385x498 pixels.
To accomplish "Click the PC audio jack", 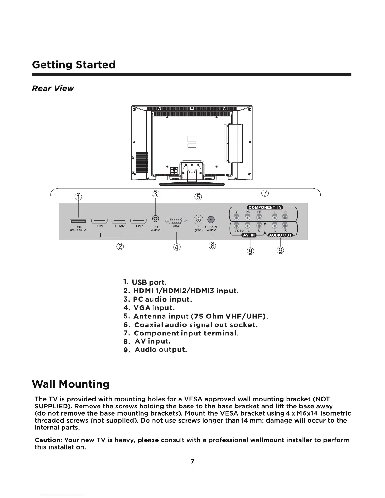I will tap(155, 219).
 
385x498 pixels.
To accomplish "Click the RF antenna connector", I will tap(198, 219).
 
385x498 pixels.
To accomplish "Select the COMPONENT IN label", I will tap(265, 207).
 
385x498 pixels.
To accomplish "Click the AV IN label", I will tap(249, 235).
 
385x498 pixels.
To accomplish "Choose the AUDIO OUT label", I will tap(280, 235).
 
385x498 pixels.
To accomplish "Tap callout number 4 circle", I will tap(176, 247).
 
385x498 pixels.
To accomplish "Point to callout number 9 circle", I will tap(281, 250).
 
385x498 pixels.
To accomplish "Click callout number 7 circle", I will tap(265, 193).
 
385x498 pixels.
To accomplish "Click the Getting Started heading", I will tap(74, 65).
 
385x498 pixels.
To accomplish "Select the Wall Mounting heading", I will tap(71, 384).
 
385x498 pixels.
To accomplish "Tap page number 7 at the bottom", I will tap(192, 462).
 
